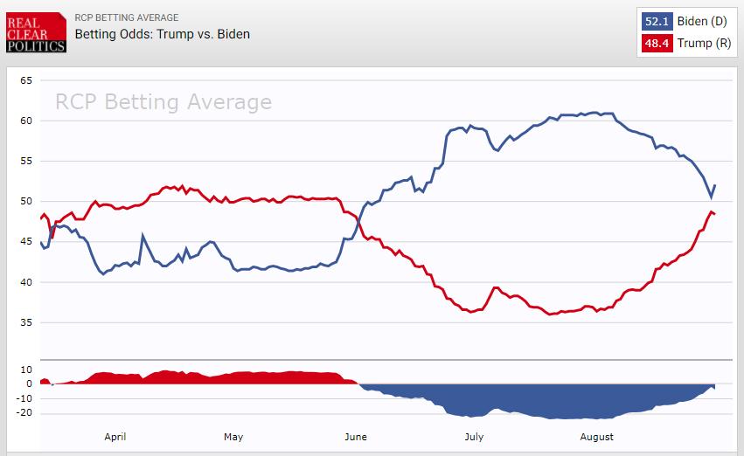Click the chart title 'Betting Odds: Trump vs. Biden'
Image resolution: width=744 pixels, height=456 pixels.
pos(163,35)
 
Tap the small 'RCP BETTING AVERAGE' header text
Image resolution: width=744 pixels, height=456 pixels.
pos(127,17)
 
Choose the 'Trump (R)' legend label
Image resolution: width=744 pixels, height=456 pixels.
pos(705,43)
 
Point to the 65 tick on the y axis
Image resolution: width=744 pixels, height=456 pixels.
pos(26,80)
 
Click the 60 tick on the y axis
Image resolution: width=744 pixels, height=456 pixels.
pos(26,121)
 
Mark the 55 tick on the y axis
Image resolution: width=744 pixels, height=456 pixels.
pos(26,162)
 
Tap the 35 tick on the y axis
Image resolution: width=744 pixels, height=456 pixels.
pos(26,323)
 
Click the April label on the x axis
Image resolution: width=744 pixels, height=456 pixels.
pos(116,437)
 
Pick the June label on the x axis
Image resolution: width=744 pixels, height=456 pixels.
pos(356,437)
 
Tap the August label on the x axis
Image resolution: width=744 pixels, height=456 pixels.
pos(596,437)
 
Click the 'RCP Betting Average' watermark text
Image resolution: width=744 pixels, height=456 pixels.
pos(163,102)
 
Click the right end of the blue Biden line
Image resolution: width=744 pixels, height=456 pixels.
pos(715,185)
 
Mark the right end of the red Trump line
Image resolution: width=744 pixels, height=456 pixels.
pos(715,214)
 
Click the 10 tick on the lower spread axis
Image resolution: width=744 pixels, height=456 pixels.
pos(26,370)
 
